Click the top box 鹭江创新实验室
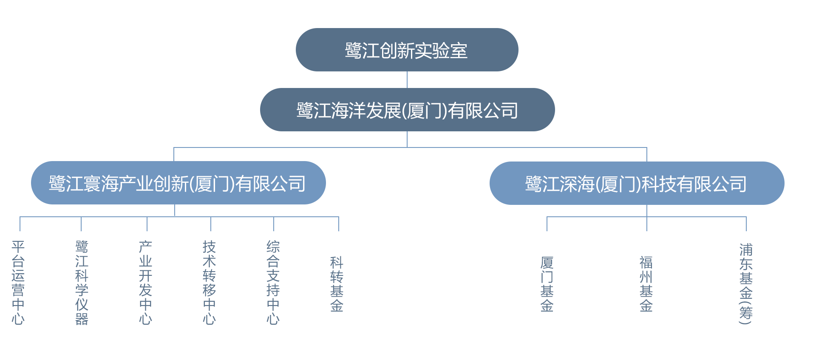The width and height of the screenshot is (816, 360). [407, 50]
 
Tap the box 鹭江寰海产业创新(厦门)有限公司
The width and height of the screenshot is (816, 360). [178, 183]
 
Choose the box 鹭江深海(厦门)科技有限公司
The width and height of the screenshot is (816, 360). [636, 183]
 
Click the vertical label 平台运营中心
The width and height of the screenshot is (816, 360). [18, 283]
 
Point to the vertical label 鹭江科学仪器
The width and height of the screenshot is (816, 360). [82, 283]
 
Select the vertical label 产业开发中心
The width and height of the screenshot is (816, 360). [145, 283]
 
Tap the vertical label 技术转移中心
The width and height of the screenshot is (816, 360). [209, 283]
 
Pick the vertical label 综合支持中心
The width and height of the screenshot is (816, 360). [273, 283]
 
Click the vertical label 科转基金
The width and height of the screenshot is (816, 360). [337, 284]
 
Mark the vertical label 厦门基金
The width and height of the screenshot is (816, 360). [547, 284]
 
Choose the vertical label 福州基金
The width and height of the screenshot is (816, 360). [646, 284]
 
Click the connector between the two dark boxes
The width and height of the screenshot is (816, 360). [407, 80]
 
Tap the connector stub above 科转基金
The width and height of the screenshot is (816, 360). [338, 224]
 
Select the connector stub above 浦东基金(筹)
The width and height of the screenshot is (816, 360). [746, 224]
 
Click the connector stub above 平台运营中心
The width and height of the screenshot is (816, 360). [20, 224]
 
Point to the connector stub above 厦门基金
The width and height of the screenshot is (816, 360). [547, 224]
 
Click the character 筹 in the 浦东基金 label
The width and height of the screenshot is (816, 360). [746, 313]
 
